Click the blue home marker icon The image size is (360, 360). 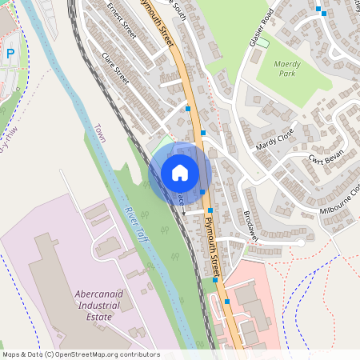(x=180, y=173)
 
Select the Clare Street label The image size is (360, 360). (x=115, y=69)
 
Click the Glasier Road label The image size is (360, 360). (x=262, y=27)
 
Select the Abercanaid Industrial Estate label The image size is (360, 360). (x=97, y=306)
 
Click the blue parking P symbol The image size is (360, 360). (x=10, y=54)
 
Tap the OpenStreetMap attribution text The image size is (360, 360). (x=82, y=354)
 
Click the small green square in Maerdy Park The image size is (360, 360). (x=262, y=42)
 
